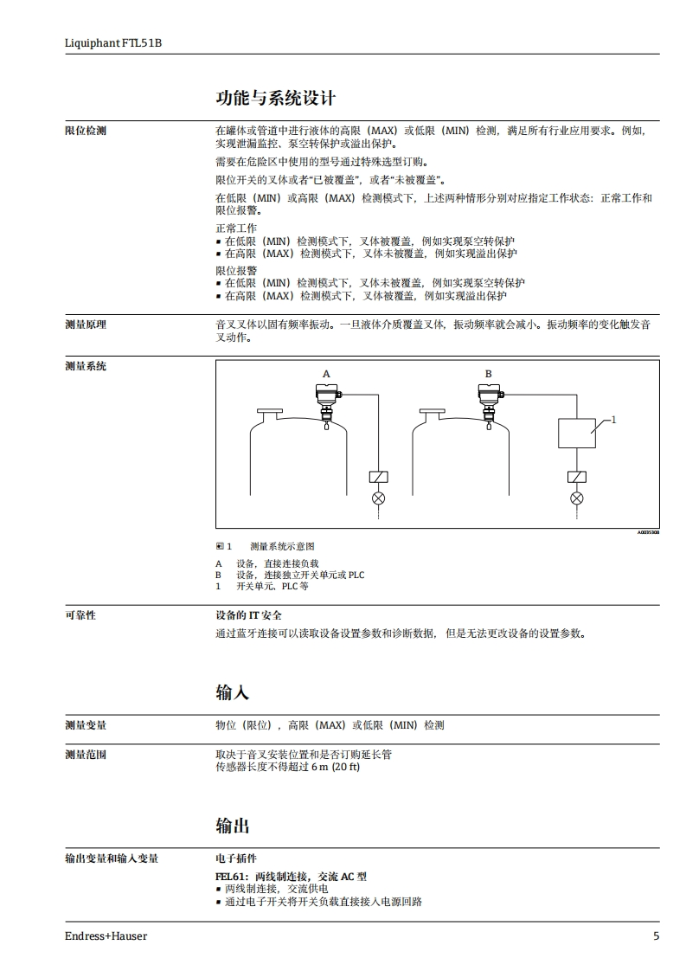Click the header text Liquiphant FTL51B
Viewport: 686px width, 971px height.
point(112,42)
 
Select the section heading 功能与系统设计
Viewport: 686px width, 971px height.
point(275,98)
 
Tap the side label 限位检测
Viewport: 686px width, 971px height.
point(86,131)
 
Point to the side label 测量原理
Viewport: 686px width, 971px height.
point(86,325)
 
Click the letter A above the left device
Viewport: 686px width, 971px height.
point(326,374)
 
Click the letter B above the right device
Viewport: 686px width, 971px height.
point(488,374)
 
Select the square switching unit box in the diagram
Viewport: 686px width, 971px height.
point(576,431)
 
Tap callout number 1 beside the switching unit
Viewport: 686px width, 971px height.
point(613,420)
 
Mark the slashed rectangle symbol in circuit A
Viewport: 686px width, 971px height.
point(378,477)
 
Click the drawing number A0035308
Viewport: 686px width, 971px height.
point(648,533)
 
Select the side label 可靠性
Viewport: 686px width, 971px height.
point(80,615)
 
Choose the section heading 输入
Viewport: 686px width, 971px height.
point(232,692)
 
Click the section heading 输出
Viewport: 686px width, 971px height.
point(232,826)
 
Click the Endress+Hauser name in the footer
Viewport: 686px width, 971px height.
point(106,936)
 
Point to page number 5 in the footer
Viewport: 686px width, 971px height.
point(656,936)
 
